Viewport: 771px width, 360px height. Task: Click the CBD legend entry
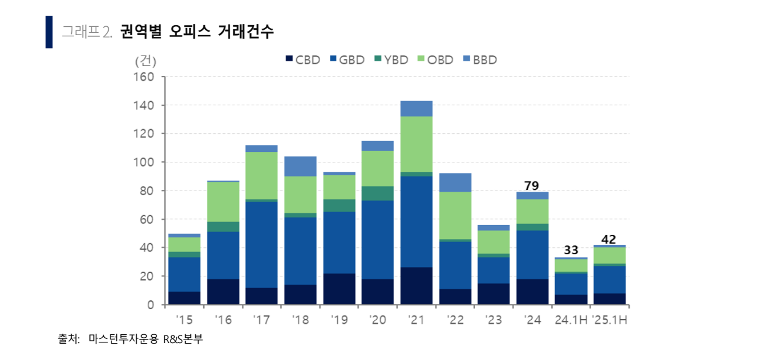click(x=303, y=60)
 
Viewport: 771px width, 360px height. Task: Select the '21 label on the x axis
click(x=416, y=320)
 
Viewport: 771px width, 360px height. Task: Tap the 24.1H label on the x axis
click(x=570, y=320)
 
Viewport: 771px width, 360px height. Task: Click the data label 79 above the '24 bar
click(x=532, y=186)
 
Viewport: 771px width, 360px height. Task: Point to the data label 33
click(x=570, y=251)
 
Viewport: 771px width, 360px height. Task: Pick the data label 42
click(x=609, y=239)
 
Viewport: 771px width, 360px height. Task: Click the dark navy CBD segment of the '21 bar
click(x=416, y=286)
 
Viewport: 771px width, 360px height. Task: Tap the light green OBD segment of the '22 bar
click(x=454, y=215)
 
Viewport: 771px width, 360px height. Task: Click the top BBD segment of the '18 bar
click(x=300, y=166)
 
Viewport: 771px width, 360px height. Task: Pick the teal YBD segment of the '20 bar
click(x=377, y=193)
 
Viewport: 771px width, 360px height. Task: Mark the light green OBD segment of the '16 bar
click(x=223, y=202)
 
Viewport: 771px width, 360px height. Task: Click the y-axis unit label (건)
click(x=145, y=60)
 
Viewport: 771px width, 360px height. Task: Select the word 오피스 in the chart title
click(x=185, y=32)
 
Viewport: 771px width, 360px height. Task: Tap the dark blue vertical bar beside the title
click(x=49, y=32)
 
